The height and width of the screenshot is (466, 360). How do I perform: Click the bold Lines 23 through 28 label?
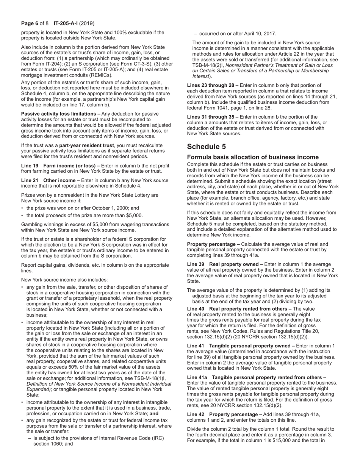point(211,85)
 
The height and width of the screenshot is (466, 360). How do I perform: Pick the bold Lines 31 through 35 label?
point(211,117)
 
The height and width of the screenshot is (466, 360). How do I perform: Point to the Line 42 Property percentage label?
point(223,414)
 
